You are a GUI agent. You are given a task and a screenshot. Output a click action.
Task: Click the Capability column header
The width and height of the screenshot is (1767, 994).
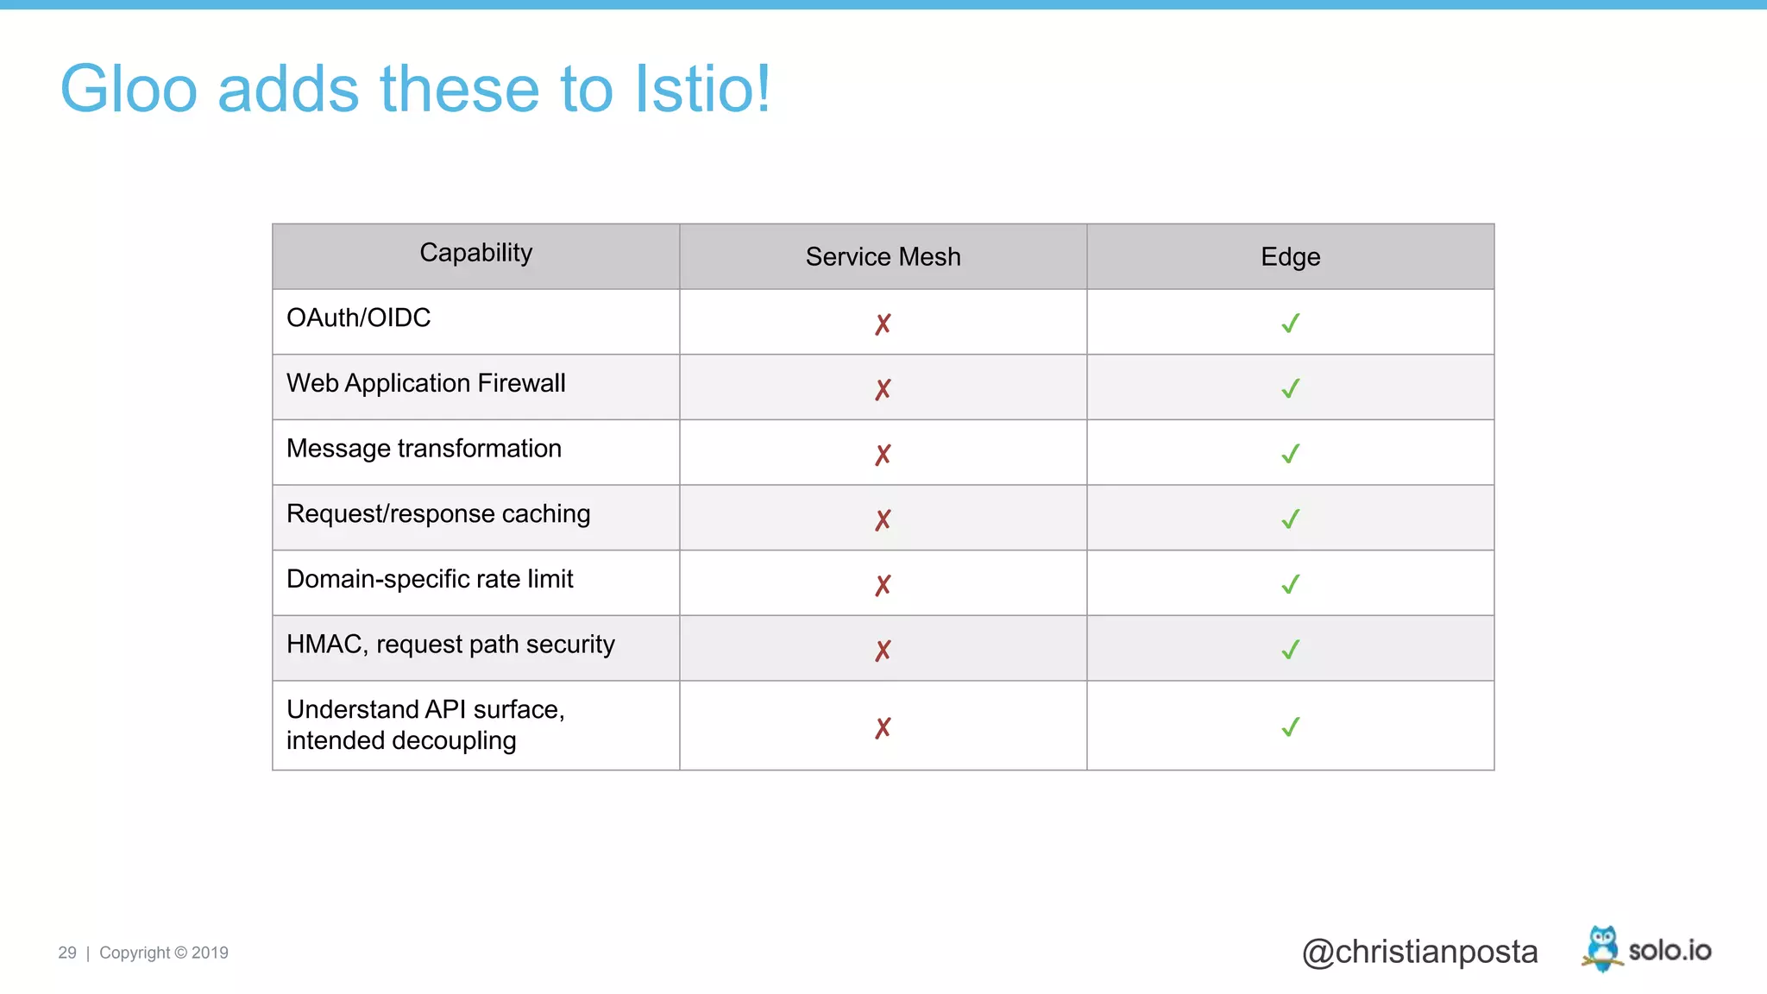coord(475,253)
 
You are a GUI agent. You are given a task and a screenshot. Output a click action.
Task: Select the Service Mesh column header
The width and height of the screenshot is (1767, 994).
coord(883,257)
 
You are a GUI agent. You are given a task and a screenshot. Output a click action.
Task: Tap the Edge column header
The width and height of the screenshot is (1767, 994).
coord(1290,257)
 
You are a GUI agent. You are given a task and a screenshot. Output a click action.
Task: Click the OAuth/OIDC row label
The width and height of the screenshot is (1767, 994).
coord(358,318)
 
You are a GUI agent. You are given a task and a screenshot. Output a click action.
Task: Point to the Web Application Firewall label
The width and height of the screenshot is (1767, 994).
coord(425,383)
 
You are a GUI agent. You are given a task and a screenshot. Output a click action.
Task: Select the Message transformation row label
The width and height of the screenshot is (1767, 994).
coord(424,449)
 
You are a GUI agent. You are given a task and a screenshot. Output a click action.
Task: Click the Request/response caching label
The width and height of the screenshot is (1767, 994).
coord(438,514)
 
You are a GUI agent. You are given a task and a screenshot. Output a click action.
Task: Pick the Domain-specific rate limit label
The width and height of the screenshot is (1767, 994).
coord(430,579)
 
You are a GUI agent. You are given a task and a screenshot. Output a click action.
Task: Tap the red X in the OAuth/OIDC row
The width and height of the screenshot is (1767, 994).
coord(883,324)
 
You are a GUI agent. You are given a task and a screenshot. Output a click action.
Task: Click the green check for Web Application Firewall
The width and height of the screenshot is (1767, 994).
coord(1290,389)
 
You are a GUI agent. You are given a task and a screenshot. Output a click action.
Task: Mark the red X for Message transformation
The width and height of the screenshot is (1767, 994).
coord(883,455)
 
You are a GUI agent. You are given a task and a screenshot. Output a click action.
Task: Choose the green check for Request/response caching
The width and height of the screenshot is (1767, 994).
coord(1290,519)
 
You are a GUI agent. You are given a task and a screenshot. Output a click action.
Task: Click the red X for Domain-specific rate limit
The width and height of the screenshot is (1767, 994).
coord(883,585)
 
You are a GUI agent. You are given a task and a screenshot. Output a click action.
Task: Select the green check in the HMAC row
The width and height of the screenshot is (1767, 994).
coord(1290,650)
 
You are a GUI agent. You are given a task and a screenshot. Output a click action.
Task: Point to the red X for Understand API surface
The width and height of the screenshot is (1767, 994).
coord(883,728)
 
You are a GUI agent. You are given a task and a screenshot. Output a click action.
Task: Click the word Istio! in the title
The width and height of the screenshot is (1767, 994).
coord(702,89)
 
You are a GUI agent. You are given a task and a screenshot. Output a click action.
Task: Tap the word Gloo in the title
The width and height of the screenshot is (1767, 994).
coord(129,89)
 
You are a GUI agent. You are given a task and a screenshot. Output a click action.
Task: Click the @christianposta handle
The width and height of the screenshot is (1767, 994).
coord(1419,952)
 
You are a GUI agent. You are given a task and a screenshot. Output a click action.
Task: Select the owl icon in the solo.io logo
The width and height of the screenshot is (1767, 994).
coord(1602,948)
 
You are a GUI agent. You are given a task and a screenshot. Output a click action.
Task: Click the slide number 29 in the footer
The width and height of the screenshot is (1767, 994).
coord(67,953)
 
